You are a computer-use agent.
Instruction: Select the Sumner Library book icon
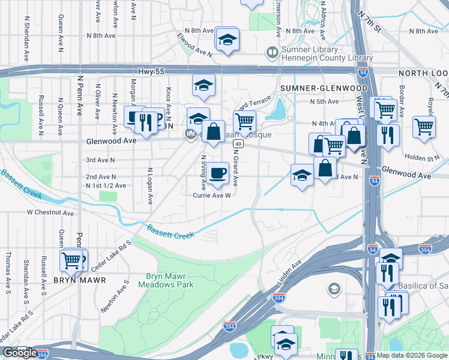[272, 53]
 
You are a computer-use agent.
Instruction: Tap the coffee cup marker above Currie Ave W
[218, 173]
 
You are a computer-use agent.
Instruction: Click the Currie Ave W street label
[211, 195]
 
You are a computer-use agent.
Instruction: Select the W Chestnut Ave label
[50, 212]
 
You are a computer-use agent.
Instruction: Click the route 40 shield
[238, 144]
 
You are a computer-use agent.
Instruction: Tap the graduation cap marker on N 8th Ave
[227, 40]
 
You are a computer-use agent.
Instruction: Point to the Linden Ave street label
[289, 271]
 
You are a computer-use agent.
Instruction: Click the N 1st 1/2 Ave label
[106, 186]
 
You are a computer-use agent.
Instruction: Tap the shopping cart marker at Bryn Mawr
[71, 260]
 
